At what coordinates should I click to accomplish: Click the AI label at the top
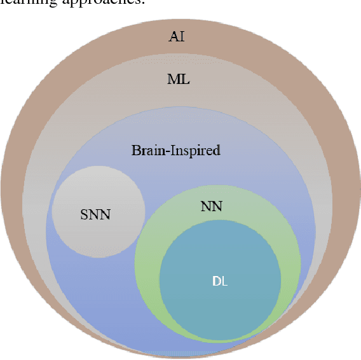click(177, 36)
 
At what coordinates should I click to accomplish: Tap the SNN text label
click(95, 214)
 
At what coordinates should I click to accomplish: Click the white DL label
click(220, 281)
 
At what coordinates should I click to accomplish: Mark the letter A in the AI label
click(174, 36)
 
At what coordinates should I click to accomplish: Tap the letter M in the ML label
click(173, 80)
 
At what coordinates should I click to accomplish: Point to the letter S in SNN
click(85, 214)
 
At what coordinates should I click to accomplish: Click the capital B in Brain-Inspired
click(135, 151)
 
